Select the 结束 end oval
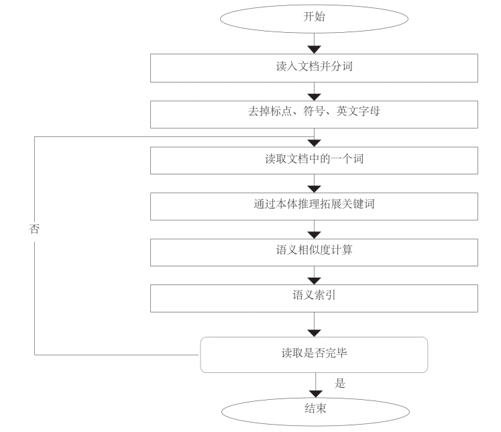point(315,408)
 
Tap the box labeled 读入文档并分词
point(315,68)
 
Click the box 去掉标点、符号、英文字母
point(315,113)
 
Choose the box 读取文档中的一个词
point(315,160)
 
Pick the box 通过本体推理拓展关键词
point(315,205)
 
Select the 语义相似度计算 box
point(315,252)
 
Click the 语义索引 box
point(315,297)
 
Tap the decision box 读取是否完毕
point(315,354)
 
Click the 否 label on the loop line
point(34,229)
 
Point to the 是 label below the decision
point(340,384)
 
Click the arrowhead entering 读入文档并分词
point(315,50)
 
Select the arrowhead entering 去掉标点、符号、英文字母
point(315,96)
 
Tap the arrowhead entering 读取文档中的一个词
point(315,142)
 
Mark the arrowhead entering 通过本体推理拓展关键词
point(315,188)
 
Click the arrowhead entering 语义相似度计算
point(315,234)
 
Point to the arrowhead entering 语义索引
point(315,280)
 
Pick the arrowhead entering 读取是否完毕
point(315,332)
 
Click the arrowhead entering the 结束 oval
point(315,391)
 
